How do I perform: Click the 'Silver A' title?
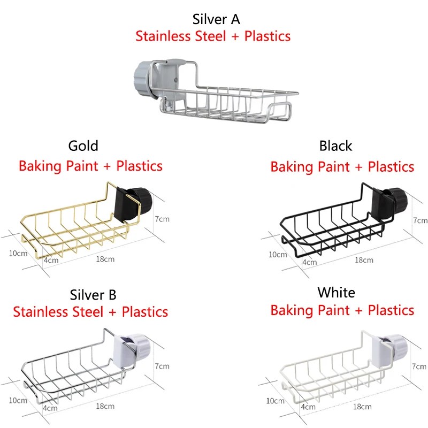click(216, 19)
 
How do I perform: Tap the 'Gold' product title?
click(83, 146)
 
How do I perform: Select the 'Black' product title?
click(336, 146)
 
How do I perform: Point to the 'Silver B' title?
click(93, 295)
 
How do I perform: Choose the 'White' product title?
click(337, 293)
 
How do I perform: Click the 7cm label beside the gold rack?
click(162, 219)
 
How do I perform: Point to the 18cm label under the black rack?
click(364, 260)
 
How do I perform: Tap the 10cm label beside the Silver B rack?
click(18, 400)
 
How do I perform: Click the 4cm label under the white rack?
click(308, 407)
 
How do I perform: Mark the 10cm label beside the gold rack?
click(18, 253)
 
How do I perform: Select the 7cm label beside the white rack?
click(419, 366)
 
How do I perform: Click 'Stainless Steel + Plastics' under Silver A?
click(213, 36)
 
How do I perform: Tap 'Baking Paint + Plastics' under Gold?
click(90, 166)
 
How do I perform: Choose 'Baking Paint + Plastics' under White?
click(342, 310)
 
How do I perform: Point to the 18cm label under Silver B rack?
click(105, 406)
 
